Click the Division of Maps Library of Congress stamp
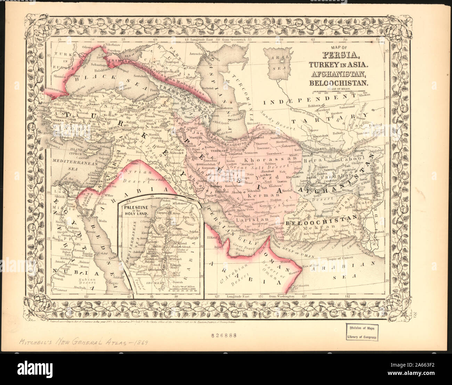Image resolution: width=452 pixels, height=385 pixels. click(x=362, y=332)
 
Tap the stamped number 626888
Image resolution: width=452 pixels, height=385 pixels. click(x=224, y=336)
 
